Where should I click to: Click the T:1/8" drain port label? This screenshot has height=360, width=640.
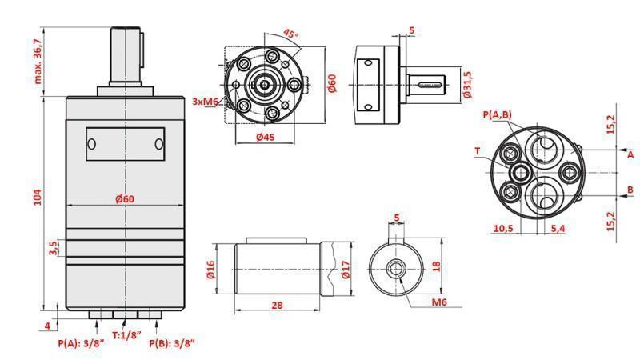[126, 335]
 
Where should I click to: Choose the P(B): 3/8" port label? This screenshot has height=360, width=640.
[172, 343]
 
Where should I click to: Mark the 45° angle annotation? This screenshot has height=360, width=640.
[291, 34]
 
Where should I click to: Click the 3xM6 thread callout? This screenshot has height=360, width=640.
[206, 102]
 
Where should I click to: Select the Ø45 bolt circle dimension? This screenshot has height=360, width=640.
[266, 137]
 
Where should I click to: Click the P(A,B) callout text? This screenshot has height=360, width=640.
[498, 115]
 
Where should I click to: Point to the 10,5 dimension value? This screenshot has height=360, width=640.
[503, 229]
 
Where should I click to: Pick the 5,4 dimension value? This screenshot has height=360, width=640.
[559, 229]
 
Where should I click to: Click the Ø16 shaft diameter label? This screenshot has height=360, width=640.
[211, 270]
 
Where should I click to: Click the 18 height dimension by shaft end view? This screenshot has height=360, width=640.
[436, 266]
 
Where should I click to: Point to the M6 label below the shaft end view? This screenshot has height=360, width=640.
[438, 302]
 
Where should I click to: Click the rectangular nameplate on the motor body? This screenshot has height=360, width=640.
[126, 144]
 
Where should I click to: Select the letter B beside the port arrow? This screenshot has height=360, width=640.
[630, 190]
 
